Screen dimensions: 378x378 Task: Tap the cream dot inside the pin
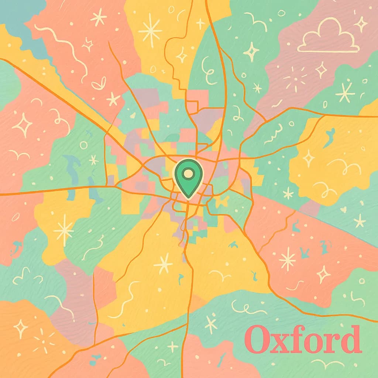point(188,173)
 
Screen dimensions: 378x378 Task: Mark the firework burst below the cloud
point(295,78)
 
